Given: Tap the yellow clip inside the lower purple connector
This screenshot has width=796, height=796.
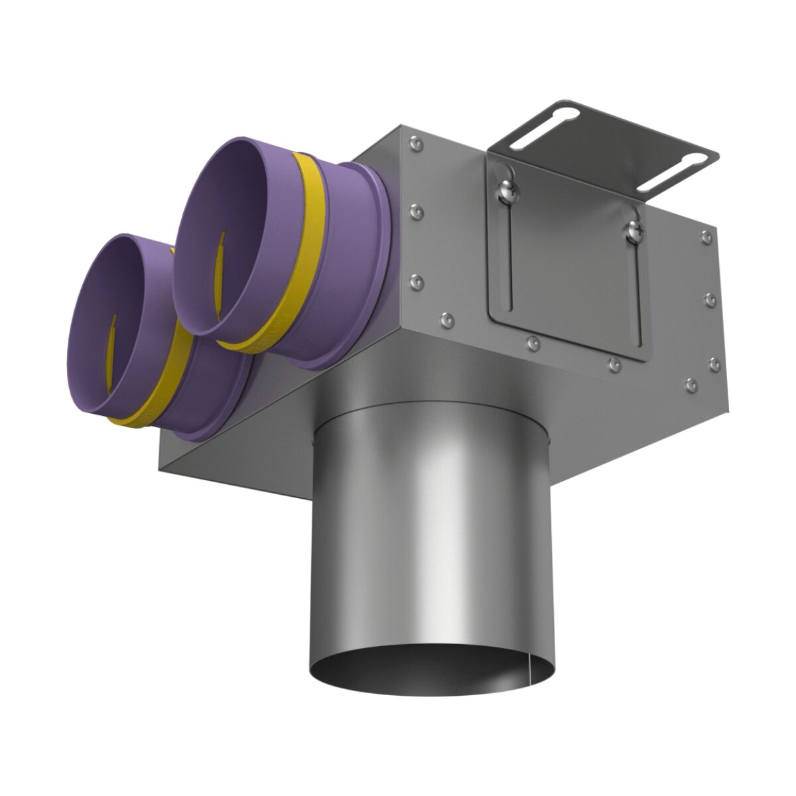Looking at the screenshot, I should click(x=113, y=345).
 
